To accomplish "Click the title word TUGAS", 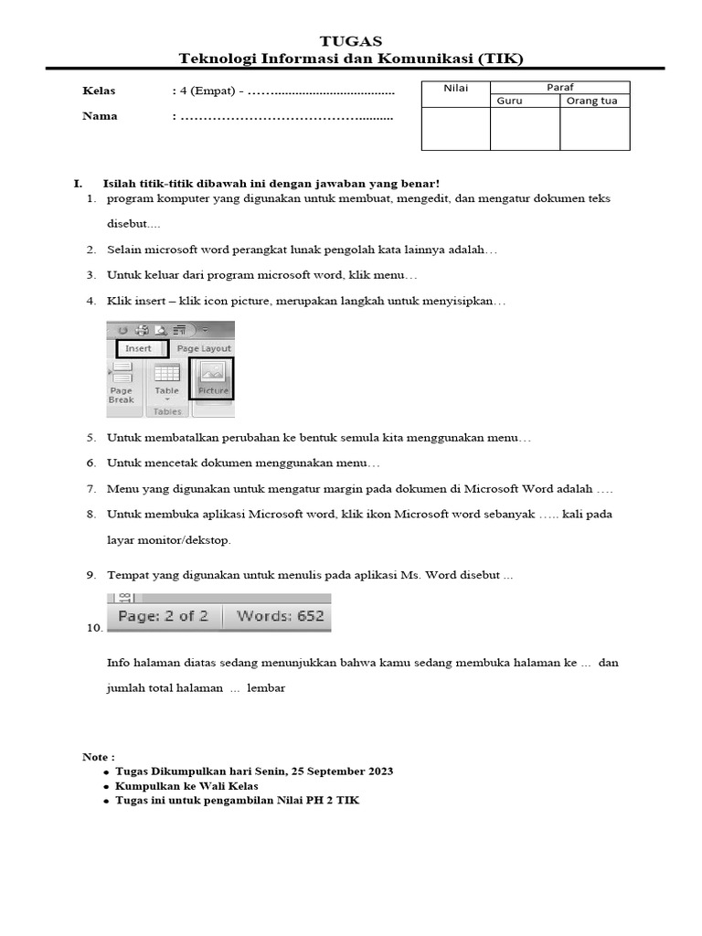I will coord(351,41).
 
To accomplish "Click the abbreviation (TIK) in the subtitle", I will coord(500,58).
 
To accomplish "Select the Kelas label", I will coord(99,91).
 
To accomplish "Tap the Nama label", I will coord(100,116).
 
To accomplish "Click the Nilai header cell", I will coord(455,88).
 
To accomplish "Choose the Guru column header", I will coord(509,101).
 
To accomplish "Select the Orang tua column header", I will coord(591,101).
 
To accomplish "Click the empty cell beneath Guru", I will coord(525,129).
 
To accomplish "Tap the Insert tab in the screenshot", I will coord(139,348).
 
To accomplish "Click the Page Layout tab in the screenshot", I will coord(203,348).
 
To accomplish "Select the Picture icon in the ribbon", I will coord(212,378).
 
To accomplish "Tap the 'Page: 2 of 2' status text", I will coord(164,616).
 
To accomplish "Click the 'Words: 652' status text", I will coord(280,616).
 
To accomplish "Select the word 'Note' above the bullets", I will coord(96,757).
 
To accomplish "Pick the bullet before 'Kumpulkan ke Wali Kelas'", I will coord(107,787).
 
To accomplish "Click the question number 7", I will coord(91,489).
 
